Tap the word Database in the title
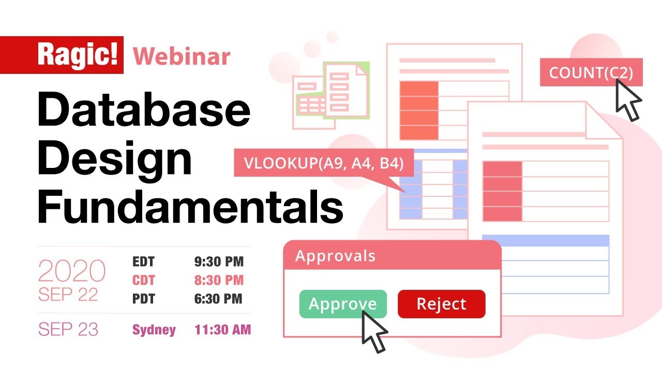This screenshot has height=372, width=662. [144, 111]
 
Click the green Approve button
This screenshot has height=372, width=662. [342, 304]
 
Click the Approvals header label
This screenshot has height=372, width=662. [335, 256]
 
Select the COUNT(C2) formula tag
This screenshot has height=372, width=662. [591, 73]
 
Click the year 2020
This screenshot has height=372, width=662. [72, 271]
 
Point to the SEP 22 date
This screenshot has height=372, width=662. [68, 294]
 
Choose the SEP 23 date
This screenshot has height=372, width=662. [68, 330]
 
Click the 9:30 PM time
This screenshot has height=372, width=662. [219, 262]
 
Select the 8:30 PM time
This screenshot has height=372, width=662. [219, 280]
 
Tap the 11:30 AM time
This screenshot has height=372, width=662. [222, 330]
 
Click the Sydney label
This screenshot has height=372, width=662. [154, 330]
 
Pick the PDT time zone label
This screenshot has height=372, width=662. [143, 298]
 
